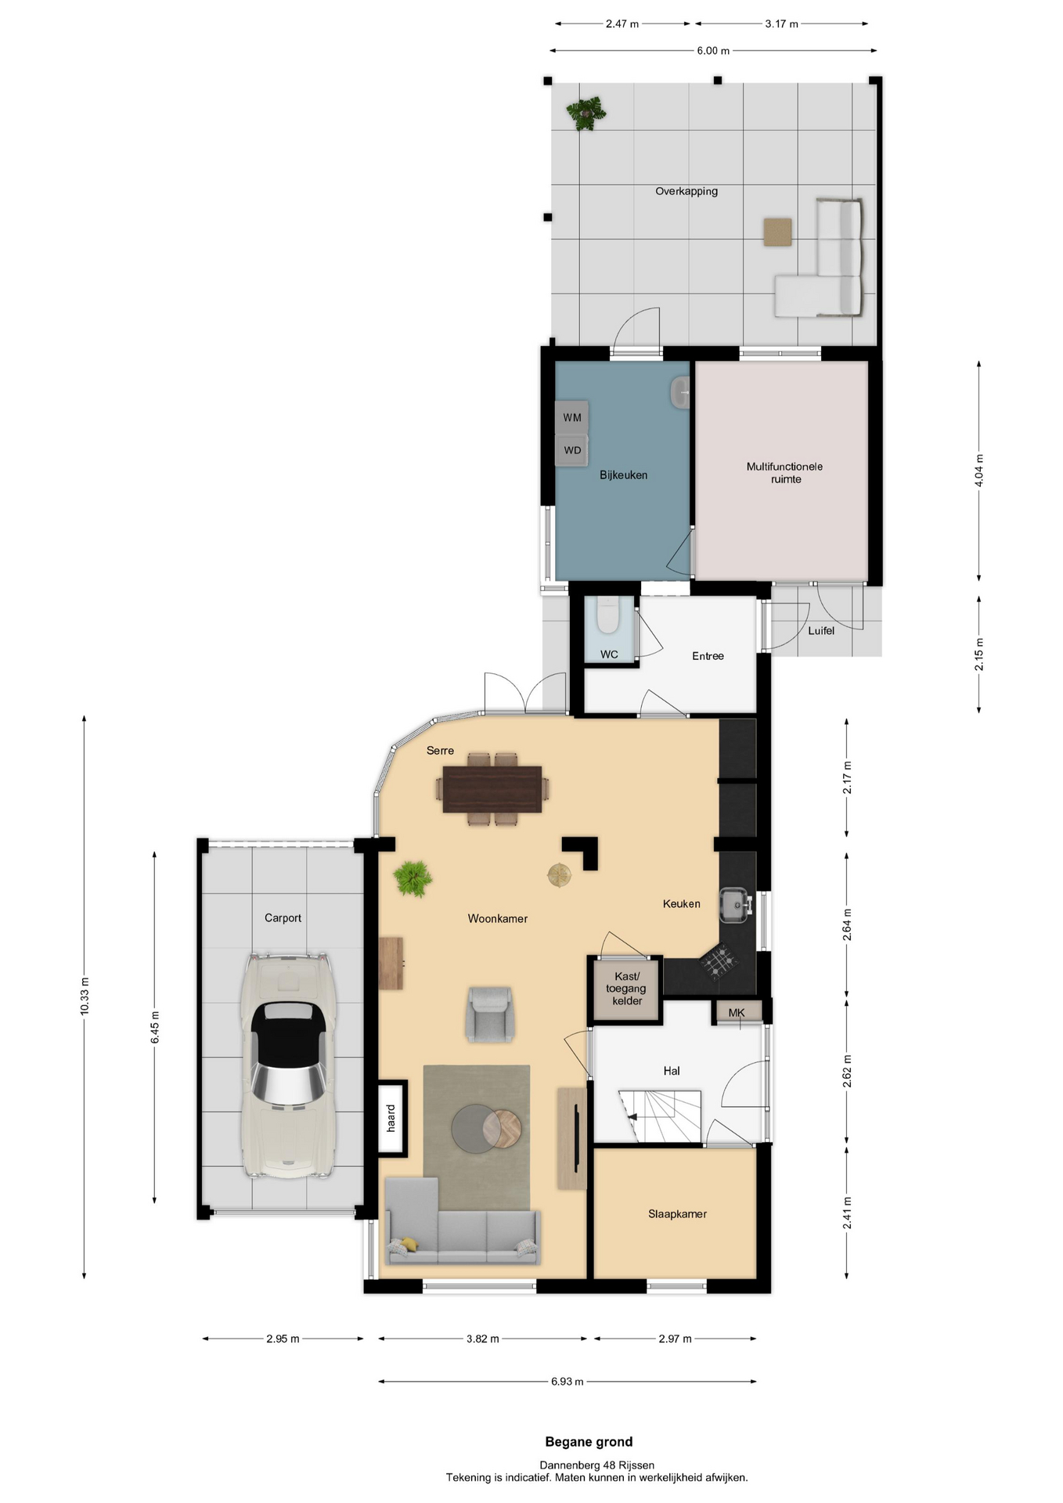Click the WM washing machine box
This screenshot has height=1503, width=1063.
(571, 417)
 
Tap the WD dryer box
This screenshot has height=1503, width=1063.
(571, 451)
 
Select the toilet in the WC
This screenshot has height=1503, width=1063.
(607, 615)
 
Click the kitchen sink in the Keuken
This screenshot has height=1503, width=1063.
(735, 905)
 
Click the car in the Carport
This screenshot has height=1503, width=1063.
(287, 1065)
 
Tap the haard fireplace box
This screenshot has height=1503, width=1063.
(392, 1119)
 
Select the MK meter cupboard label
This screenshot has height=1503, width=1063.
(737, 1012)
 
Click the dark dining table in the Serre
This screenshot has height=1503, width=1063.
(492, 790)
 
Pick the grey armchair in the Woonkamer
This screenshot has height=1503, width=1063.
(490, 1015)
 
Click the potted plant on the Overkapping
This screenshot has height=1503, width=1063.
(586, 114)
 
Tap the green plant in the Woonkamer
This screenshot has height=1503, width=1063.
(413, 878)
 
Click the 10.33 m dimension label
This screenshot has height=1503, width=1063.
(85, 997)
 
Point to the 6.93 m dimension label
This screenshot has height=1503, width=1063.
(568, 1382)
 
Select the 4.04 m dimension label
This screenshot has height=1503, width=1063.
(978, 470)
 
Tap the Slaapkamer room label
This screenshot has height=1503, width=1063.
(677, 1214)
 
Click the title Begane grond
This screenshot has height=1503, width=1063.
(589, 1442)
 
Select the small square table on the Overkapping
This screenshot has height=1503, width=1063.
(777, 232)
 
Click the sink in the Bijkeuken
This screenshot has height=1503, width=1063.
(680, 393)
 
